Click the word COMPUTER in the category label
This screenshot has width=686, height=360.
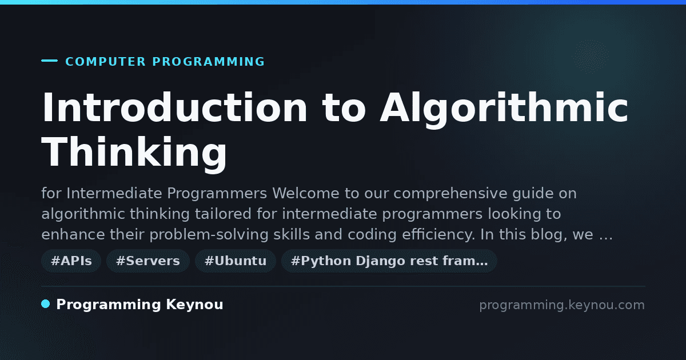106,62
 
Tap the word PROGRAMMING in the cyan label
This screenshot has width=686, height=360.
209,62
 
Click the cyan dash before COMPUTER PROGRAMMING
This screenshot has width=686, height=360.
49,61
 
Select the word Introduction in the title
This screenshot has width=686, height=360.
174,108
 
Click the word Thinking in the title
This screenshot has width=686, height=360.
134,153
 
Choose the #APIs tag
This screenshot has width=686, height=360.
71,261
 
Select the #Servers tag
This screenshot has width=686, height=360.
148,261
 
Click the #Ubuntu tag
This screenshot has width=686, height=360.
236,261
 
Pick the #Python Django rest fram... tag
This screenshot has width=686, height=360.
389,261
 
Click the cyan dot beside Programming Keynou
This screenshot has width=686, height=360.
46,304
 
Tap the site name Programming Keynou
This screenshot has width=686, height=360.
139,305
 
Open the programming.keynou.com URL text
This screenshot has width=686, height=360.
562,305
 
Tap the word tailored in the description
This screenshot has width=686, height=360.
224,214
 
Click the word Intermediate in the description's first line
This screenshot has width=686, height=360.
114,193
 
